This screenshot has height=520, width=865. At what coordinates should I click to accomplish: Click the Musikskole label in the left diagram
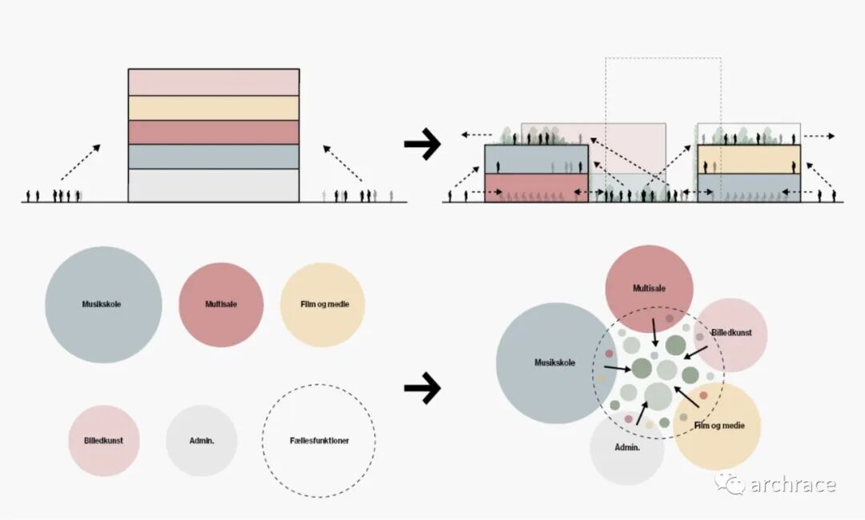(x=102, y=304)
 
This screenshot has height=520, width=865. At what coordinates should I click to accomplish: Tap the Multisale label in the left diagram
(x=221, y=304)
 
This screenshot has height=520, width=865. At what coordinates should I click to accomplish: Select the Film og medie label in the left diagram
(x=323, y=304)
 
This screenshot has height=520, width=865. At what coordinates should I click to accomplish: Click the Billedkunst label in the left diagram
(x=104, y=441)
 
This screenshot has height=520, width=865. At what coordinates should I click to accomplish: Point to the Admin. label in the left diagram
(x=201, y=441)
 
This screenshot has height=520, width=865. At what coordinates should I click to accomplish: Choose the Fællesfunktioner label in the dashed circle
(x=320, y=441)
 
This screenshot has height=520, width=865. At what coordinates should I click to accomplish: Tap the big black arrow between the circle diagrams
(x=422, y=388)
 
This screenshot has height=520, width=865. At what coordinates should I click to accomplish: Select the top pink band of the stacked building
(x=213, y=82)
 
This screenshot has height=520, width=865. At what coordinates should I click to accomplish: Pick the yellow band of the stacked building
(x=213, y=108)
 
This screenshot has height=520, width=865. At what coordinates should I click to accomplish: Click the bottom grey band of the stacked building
(x=213, y=185)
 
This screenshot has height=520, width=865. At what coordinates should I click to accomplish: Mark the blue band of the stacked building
(x=213, y=157)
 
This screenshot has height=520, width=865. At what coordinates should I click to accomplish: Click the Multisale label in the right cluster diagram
(x=649, y=288)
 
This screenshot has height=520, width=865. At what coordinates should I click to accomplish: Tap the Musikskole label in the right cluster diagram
(x=554, y=362)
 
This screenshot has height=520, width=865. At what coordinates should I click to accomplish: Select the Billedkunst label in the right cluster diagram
(x=731, y=332)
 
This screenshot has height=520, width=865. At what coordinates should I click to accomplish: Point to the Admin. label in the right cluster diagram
(x=627, y=447)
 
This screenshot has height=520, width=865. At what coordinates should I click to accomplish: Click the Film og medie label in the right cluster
(x=719, y=426)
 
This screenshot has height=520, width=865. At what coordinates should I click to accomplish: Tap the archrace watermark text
(x=793, y=485)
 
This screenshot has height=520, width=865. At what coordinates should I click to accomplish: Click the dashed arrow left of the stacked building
(x=80, y=164)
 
